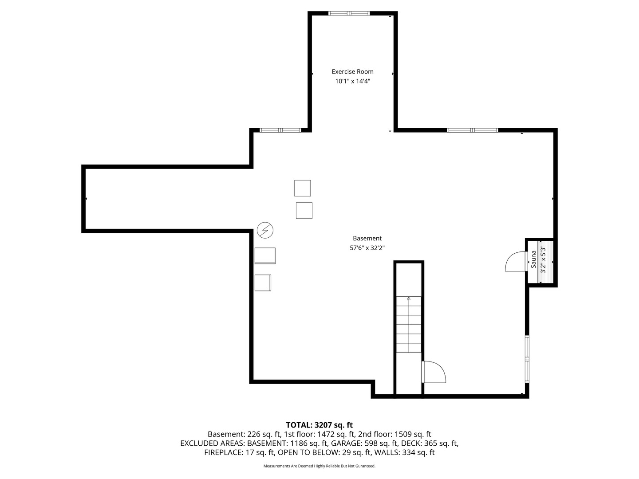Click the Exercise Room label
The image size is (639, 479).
(x=352, y=71)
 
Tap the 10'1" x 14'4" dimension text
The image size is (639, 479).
(x=352, y=81)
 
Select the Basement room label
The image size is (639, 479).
(x=367, y=238)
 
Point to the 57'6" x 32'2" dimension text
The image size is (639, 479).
(x=367, y=248)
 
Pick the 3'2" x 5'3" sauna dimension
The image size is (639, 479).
(x=543, y=260)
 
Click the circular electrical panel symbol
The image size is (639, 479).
(x=265, y=230)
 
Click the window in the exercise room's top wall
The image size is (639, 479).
(x=349, y=13)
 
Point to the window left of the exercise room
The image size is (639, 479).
(x=280, y=130)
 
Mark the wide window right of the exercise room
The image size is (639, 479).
(x=472, y=130)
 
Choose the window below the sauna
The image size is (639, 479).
(x=527, y=359)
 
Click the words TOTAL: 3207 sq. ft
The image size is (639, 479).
(x=319, y=425)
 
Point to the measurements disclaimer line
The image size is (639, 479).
(x=319, y=466)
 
